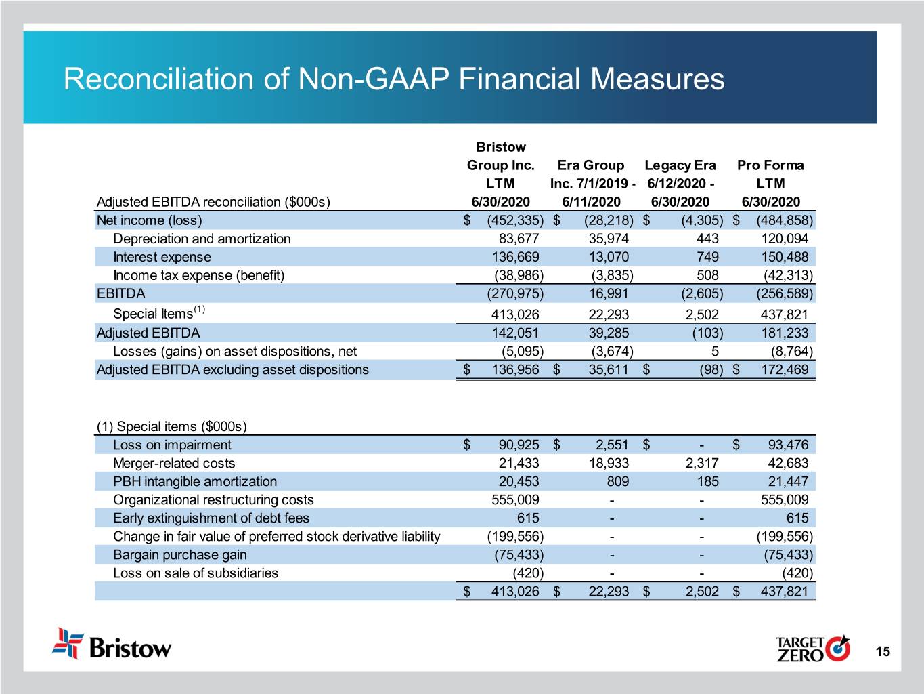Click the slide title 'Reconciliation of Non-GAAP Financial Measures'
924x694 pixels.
[393, 79]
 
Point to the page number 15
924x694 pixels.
[882, 652]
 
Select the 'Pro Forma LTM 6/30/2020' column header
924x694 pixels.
[770, 183]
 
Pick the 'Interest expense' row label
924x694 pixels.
[162, 257]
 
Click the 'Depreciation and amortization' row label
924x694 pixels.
[202, 239]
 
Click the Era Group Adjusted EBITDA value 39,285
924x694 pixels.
[609, 333]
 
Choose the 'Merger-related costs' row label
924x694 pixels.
[174, 463]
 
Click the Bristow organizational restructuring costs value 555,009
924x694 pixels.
[514, 499]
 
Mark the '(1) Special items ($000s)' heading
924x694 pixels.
[172, 426]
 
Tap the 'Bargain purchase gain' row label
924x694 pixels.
[179, 554]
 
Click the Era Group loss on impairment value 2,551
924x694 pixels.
[612, 445]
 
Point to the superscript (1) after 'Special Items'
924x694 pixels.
[199, 310]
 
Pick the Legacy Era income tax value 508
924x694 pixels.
[707, 275]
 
